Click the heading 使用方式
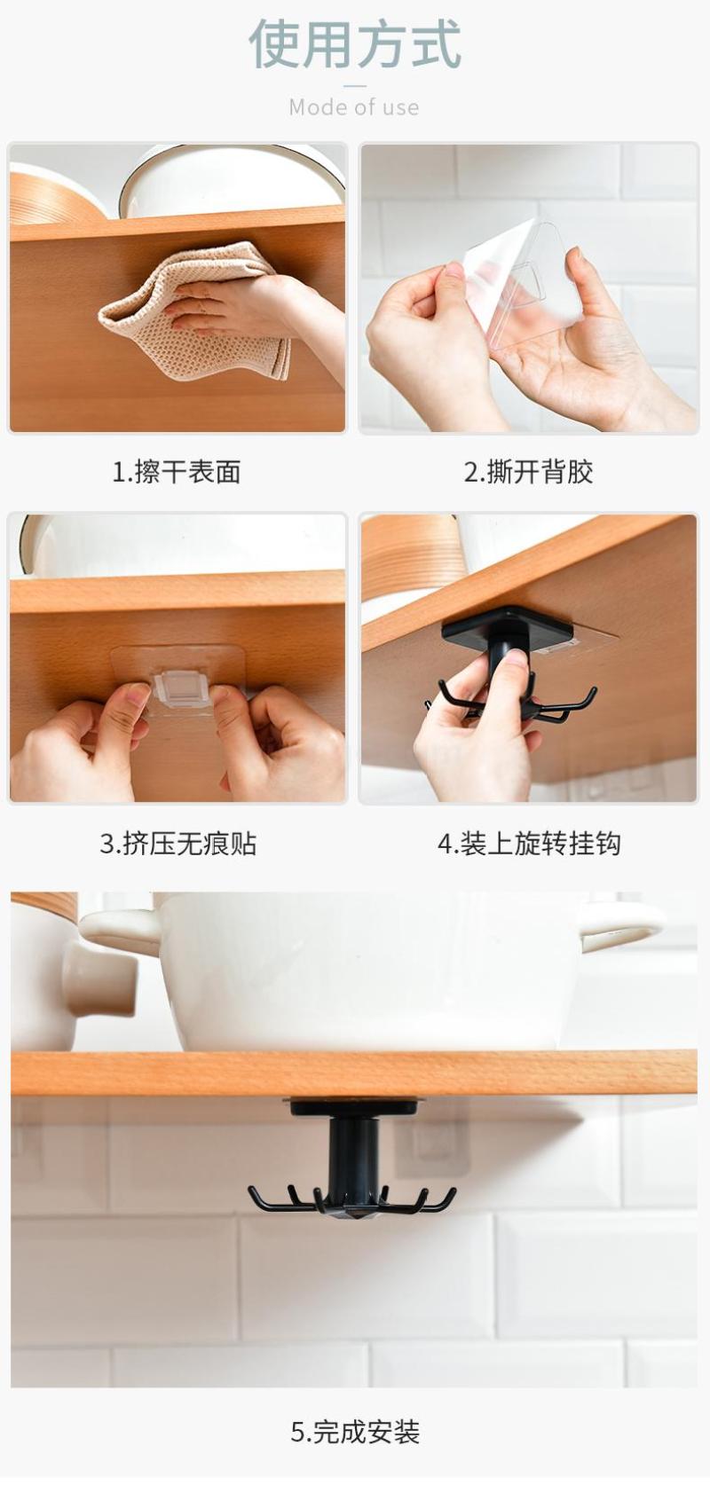tap(355, 44)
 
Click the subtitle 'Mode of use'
tap(354, 107)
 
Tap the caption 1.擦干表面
tap(177, 472)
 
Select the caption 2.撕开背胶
tap(529, 472)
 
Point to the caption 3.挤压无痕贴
tap(178, 843)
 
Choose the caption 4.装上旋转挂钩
tap(529, 843)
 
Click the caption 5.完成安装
tap(355, 1432)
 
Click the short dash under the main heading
tap(355, 86)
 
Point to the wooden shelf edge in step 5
tap(354, 1073)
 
